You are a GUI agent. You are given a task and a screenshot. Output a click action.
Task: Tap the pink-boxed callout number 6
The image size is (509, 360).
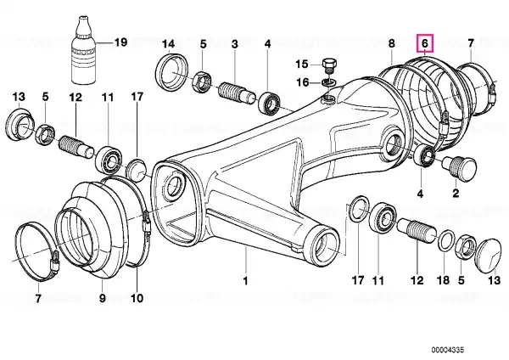[x=425, y=43]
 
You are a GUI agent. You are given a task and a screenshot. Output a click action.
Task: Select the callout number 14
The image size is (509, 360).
[x=169, y=44]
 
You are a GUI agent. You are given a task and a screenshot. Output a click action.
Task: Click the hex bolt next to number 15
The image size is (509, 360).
[x=329, y=65]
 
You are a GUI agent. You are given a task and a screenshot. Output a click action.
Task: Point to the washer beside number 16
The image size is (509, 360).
[x=328, y=82]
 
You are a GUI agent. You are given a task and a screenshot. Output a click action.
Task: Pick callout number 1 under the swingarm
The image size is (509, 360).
[x=245, y=280]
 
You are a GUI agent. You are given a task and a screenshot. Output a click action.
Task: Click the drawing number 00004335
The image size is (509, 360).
[x=448, y=350]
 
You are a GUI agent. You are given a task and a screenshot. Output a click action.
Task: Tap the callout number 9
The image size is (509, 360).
[x=103, y=298]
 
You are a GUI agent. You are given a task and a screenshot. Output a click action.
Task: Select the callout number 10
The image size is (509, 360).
[x=137, y=298]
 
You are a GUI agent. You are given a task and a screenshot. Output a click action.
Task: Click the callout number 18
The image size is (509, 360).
[x=444, y=280]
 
